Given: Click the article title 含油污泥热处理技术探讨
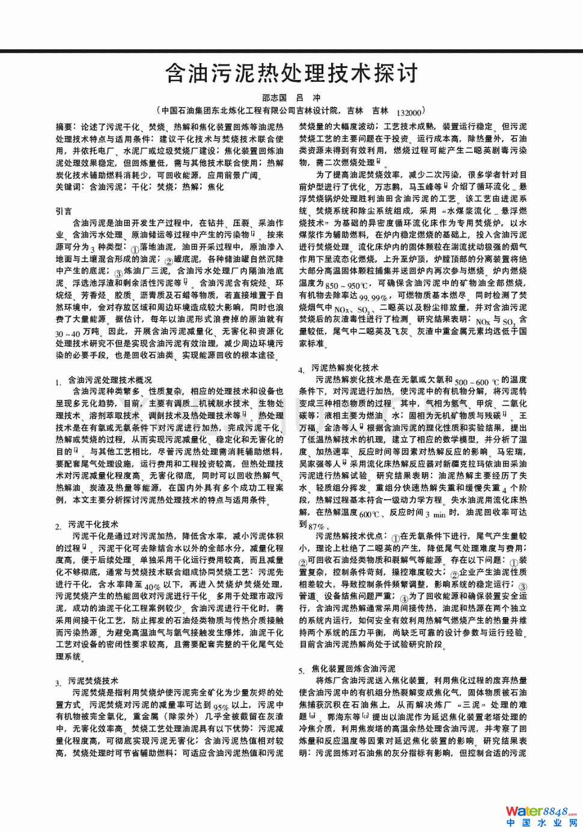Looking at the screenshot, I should point(291,73).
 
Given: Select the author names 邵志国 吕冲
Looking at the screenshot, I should point(291,97).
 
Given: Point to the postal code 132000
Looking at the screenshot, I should point(409,112).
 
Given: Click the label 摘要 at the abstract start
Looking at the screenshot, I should point(64,127).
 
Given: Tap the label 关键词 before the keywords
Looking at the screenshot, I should point(68,187).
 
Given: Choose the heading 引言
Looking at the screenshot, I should point(64,211).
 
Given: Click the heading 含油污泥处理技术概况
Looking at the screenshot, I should point(109,380).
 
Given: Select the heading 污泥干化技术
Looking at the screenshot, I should point(93,524).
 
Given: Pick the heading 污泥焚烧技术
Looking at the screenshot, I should point(93,681).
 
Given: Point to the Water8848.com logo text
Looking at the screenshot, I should point(541,811).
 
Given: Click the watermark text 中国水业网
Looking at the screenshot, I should point(542,823).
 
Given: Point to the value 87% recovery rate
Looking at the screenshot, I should point(316,526).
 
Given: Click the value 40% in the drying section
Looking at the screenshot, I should point(152,586).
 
